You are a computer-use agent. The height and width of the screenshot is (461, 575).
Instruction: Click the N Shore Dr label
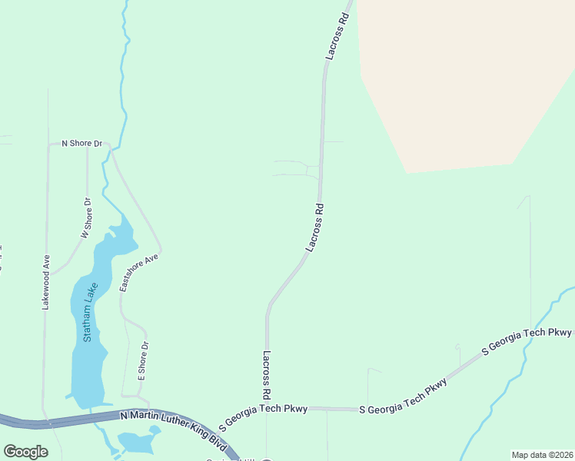click(x=81, y=144)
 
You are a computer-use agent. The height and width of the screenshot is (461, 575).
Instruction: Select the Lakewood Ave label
click(x=46, y=281)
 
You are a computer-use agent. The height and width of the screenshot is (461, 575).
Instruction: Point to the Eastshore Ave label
click(x=139, y=271)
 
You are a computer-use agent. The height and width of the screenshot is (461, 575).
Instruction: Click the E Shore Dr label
click(x=142, y=362)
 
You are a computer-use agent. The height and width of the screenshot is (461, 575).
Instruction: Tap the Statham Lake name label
click(x=91, y=312)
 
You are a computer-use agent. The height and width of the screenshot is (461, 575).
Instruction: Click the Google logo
click(x=25, y=452)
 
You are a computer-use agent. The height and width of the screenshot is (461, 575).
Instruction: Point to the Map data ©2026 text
click(x=543, y=455)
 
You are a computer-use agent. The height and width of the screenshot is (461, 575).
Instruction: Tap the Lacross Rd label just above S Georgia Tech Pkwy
click(x=266, y=374)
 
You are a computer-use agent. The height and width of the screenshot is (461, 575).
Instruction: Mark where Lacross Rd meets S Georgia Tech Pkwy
click(x=267, y=409)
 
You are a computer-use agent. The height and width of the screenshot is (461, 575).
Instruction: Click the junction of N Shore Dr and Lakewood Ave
click(x=48, y=144)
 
